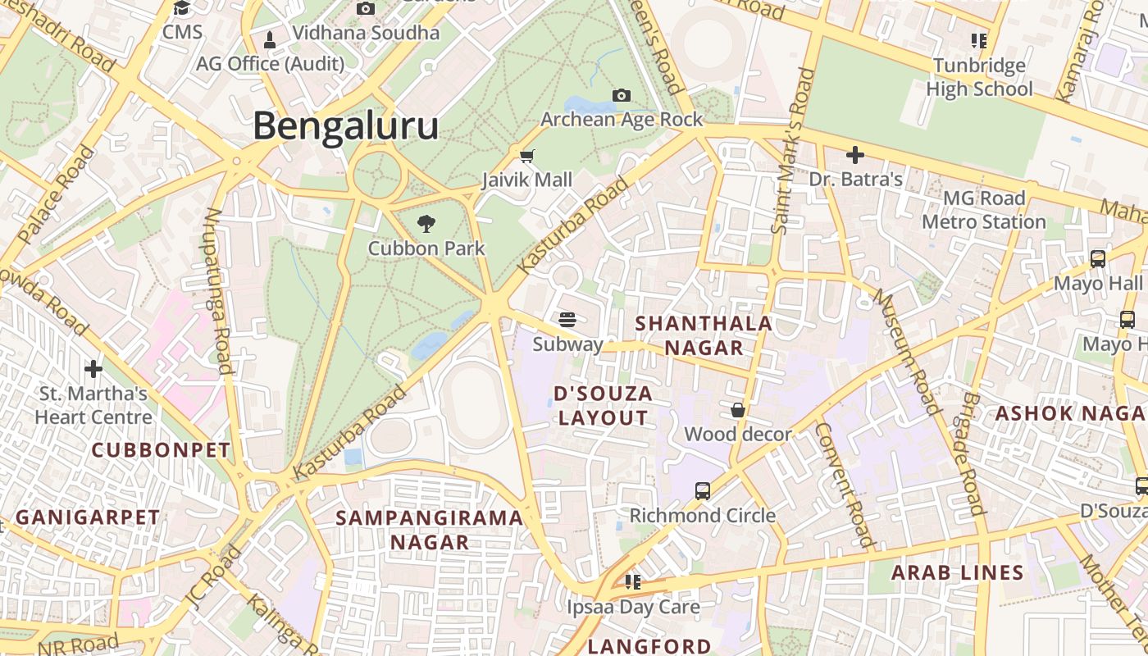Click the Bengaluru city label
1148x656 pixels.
[345, 127]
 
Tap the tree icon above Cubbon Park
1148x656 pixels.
[426, 223]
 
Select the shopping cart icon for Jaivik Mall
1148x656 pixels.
[527, 155]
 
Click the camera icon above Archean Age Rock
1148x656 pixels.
[622, 95]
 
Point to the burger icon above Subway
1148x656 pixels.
[567, 319]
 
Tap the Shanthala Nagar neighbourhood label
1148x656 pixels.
[704, 335]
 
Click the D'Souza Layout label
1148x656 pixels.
[604, 405]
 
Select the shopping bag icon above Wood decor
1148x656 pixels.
[738, 410]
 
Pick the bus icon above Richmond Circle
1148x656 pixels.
[702, 491]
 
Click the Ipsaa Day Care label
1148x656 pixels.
[633, 607]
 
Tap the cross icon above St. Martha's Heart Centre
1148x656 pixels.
[93, 368]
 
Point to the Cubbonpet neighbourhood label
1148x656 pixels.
[161, 449]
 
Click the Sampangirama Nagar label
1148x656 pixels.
[430, 530]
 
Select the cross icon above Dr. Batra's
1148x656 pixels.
[855, 154]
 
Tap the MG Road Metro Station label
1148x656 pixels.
[984, 210]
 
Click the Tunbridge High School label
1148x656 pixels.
[979, 77]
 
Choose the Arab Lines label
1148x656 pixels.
[958, 572]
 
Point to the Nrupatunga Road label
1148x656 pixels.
[219, 290]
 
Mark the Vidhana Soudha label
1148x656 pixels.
[366, 33]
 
